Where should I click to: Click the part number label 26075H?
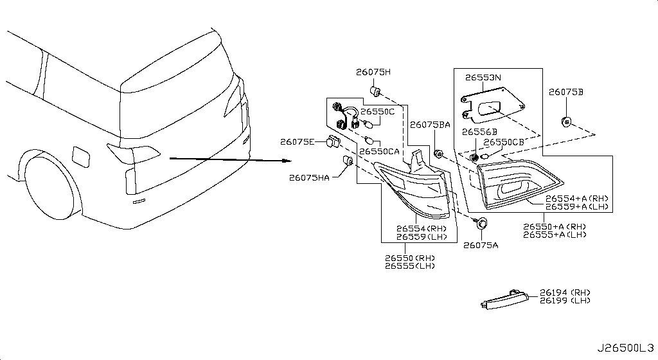(x=373, y=72)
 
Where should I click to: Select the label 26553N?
(x=483, y=78)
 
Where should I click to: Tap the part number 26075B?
(x=565, y=92)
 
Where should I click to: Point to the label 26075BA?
(x=430, y=125)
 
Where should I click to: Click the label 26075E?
(x=297, y=142)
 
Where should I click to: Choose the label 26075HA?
(x=309, y=178)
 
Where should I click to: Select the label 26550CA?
(x=379, y=151)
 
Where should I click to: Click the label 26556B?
(x=479, y=132)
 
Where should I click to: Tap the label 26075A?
(x=481, y=245)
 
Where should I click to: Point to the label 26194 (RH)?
(x=565, y=292)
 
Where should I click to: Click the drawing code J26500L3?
(x=625, y=348)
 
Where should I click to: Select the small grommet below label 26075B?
(x=566, y=122)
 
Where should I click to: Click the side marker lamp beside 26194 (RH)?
(x=506, y=299)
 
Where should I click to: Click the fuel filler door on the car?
(x=81, y=156)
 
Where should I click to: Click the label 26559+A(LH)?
(x=576, y=207)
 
